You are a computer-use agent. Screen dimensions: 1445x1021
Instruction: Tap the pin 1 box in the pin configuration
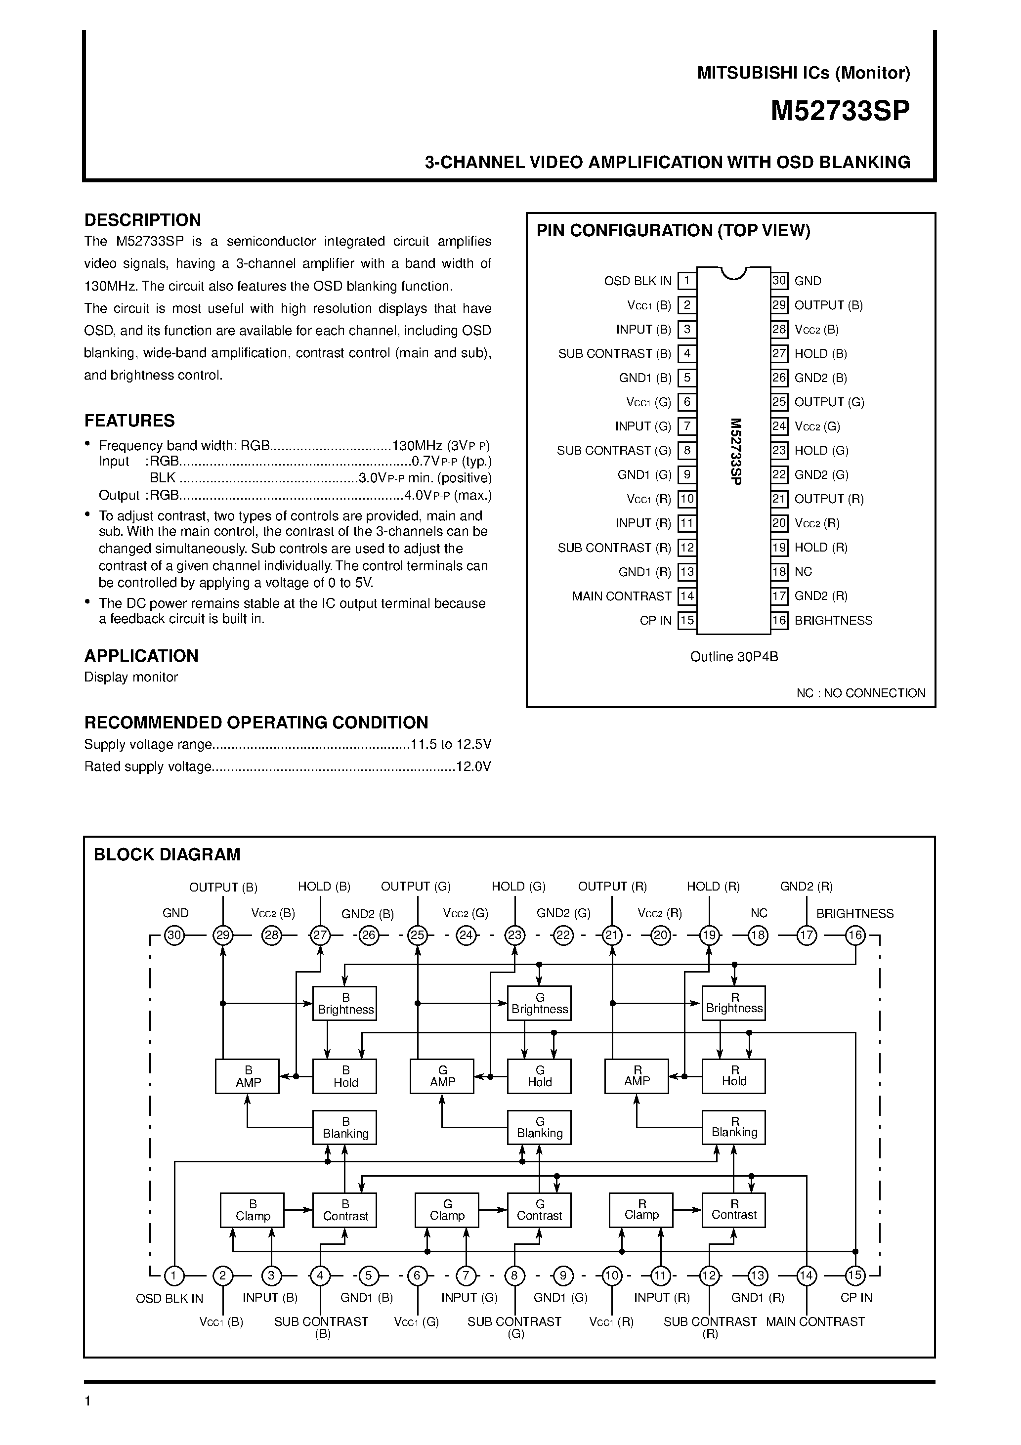click(x=687, y=281)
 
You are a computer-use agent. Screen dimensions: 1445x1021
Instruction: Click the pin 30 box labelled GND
click(x=779, y=281)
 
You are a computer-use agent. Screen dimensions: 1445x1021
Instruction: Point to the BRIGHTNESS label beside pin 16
click(x=833, y=621)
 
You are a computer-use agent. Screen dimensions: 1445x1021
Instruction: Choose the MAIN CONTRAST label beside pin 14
click(x=621, y=596)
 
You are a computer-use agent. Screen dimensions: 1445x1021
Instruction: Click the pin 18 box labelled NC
click(x=779, y=571)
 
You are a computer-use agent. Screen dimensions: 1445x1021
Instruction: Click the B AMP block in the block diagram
click(x=248, y=1076)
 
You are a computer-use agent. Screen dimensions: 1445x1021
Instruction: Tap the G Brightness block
click(x=540, y=1003)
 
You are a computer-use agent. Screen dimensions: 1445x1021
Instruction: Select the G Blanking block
click(x=540, y=1127)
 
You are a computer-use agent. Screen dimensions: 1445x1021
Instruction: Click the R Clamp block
click(x=641, y=1210)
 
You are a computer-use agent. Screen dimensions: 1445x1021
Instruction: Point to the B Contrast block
click(x=345, y=1210)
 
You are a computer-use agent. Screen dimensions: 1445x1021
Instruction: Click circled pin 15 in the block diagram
click(x=855, y=1275)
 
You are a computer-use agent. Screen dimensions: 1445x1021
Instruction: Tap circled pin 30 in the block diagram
click(x=174, y=935)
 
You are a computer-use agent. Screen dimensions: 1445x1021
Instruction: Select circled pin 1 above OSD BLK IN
click(x=174, y=1275)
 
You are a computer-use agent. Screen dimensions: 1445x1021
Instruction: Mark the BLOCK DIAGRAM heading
click(x=167, y=854)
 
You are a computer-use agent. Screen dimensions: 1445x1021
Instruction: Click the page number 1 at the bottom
click(x=88, y=1401)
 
